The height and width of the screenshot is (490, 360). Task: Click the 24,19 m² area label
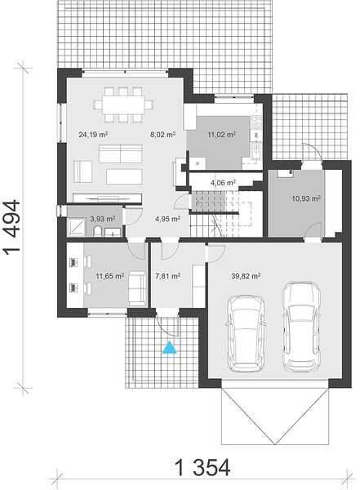click(x=93, y=135)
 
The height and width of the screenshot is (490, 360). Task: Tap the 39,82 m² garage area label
click(x=247, y=276)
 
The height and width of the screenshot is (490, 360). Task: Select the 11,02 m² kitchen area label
click(x=221, y=135)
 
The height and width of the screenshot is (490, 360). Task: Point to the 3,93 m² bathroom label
click(x=103, y=219)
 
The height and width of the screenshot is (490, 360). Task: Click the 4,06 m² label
click(x=223, y=182)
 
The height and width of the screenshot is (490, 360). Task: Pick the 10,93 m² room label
click(x=306, y=198)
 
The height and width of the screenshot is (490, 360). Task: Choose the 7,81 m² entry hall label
click(x=168, y=276)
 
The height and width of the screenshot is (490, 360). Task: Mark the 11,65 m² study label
click(x=110, y=276)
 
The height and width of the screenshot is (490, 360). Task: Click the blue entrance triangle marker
click(x=170, y=348)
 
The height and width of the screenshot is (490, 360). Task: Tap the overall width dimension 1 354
click(x=202, y=468)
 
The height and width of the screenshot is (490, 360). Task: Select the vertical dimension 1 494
click(x=12, y=226)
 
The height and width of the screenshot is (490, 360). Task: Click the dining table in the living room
click(x=124, y=105)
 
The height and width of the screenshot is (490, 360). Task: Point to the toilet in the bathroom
click(x=97, y=232)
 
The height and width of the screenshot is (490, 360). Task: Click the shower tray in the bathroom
click(x=77, y=226)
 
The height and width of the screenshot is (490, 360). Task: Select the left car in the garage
click(x=246, y=334)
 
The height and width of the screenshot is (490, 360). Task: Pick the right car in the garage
click(x=301, y=327)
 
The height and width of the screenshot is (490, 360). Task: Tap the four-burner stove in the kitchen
click(x=256, y=122)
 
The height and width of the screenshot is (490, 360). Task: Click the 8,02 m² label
click(x=162, y=135)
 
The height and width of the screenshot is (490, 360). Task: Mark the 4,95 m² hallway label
click(x=168, y=219)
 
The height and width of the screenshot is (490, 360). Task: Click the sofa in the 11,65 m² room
click(x=138, y=289)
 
